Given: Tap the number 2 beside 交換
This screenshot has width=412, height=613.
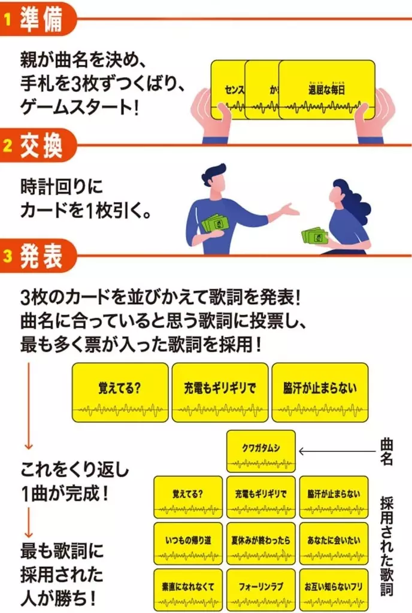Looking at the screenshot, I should coord(8,145).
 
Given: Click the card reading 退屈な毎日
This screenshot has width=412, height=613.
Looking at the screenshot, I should coord(327,90).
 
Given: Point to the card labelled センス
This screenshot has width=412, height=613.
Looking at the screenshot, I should coord(227,90).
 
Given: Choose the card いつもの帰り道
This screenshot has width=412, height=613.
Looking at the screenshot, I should coord(187,542).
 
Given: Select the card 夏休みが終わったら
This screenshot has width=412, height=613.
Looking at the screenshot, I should coord(261,542).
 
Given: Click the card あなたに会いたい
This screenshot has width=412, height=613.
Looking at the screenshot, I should coord(334,542).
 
